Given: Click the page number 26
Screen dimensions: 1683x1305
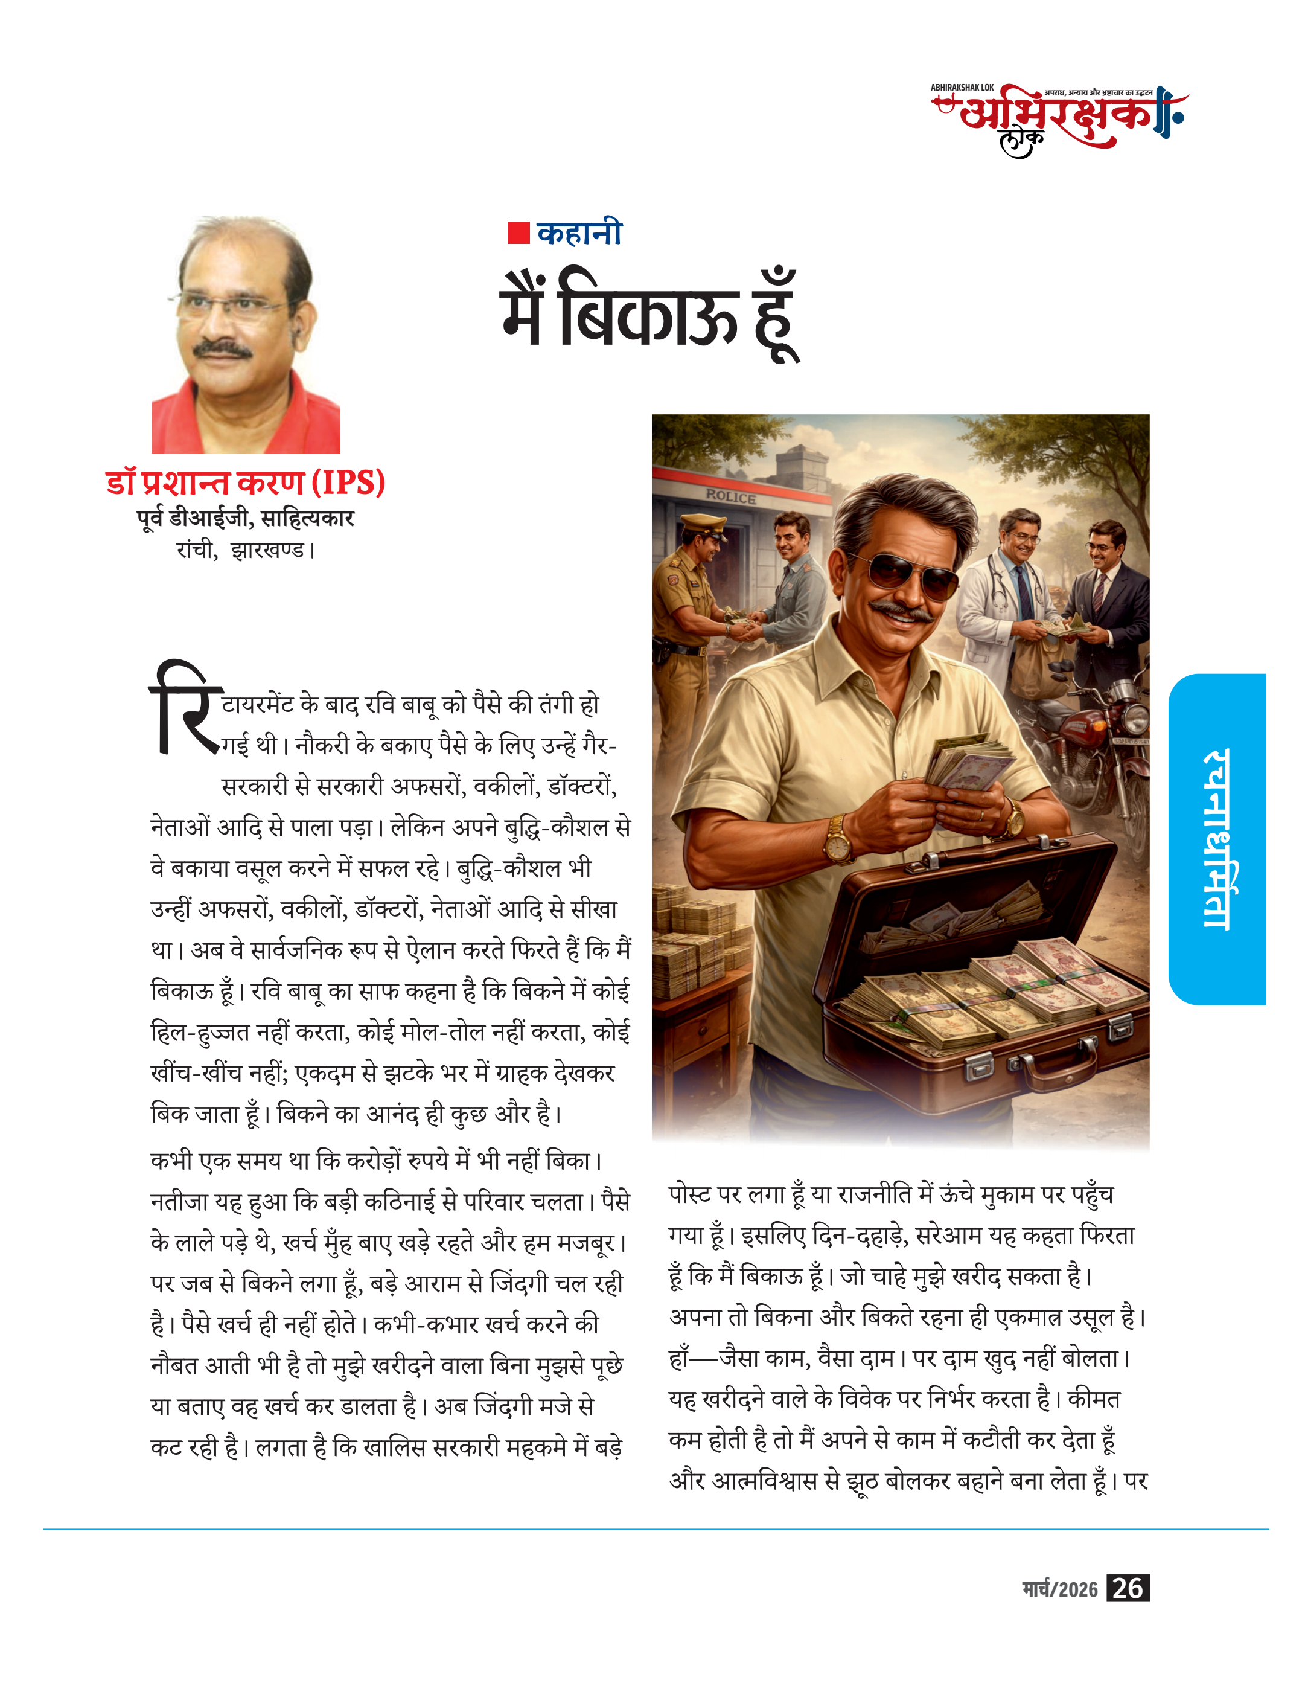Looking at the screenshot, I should coord(1127,1588).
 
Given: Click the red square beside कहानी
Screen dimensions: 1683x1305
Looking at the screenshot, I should coord(518,232).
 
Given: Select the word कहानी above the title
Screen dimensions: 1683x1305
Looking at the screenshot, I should coord(579,232).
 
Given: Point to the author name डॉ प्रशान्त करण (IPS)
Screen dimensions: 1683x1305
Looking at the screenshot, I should coord(245,482).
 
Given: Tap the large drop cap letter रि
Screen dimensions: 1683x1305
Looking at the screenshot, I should coord(185,707).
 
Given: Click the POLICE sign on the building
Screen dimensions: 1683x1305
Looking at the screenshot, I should coord(731,497).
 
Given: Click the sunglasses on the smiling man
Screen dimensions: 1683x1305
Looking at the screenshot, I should coord(914,574).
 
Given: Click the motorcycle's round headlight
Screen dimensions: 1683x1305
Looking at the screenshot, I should coord(1132,717).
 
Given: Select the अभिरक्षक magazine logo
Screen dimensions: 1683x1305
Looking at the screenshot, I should coord(1059,120).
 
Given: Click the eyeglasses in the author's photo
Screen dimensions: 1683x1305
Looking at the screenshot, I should coord(231,308).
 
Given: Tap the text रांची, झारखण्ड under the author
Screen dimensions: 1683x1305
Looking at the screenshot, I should coord(245,550).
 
